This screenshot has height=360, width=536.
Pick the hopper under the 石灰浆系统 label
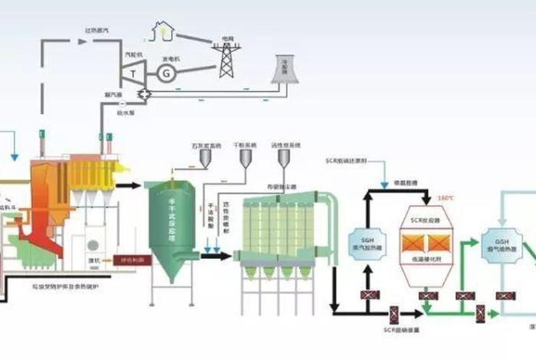pyautogui.click(x=206, y=159)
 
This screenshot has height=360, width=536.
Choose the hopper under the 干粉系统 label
pyautogui.click(x=245, y=159)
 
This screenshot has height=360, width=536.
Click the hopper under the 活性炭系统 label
pyautogui.click(x=283, y=159)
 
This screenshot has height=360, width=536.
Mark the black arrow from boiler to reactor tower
pyautogui.click(x=131, y=185)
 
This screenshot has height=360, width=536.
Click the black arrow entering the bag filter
pyautogui.click(x=219, y=255)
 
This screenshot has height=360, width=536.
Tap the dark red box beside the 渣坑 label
pyautogui.click(x=132, y=260)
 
